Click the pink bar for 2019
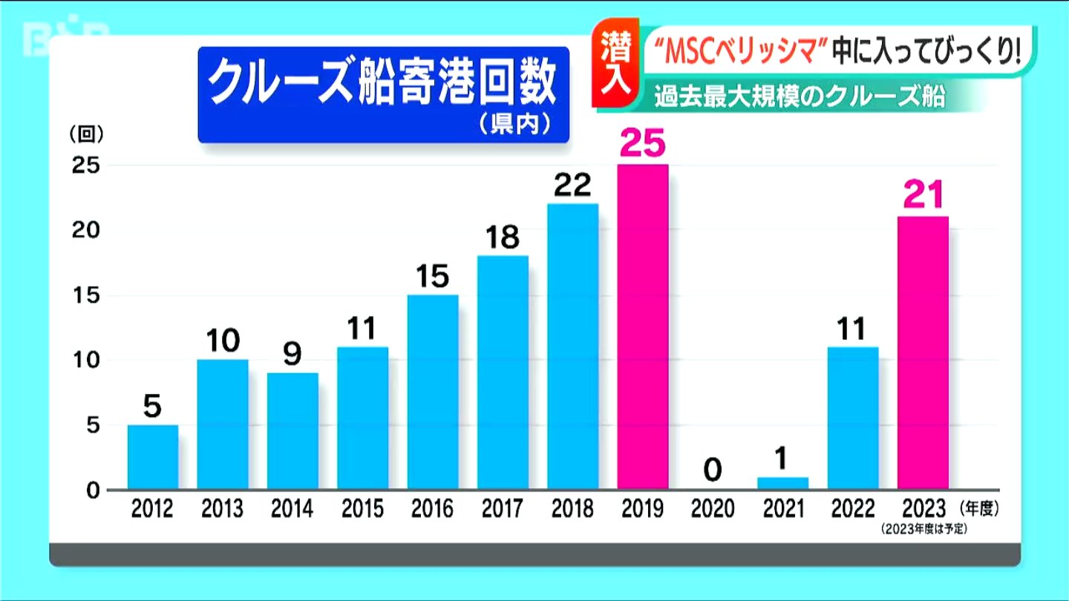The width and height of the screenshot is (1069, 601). point(643,326)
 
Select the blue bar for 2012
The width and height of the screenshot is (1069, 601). point(153,457)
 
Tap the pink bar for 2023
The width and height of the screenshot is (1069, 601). point(923,352)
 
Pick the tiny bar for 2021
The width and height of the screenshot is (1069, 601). point(783,484)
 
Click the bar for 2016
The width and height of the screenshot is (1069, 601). point(433,392)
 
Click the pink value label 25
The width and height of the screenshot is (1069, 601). point(643,145)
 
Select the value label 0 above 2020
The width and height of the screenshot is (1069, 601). point(713,470)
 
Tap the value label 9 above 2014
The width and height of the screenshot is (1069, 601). point(292,355)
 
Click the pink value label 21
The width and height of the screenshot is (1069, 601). point(923,196)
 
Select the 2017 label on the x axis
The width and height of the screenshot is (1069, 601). point(503,509)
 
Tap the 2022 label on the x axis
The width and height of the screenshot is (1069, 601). point(853,509)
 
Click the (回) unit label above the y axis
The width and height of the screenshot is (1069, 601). point(86,134)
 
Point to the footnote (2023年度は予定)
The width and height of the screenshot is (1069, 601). point(924,530)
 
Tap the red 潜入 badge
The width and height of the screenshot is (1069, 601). point(616,66)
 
